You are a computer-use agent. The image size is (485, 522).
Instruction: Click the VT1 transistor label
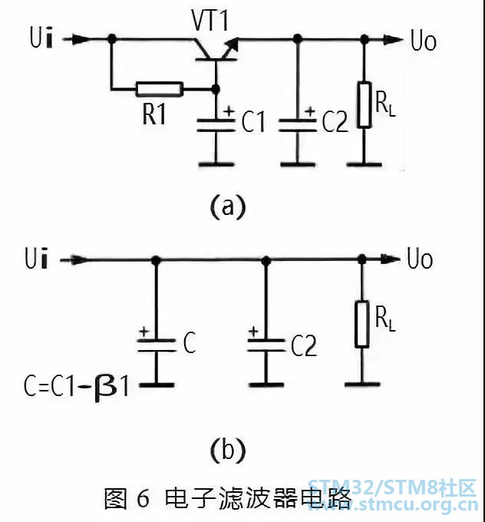(x=210, y=20)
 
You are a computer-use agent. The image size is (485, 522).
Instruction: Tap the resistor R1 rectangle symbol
(x=160, y=89)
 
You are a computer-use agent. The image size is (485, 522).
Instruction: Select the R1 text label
(x=153, y=114)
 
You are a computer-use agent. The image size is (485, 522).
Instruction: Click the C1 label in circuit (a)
(x=253, y=121)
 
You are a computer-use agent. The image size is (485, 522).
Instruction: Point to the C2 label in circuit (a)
(x=335, y=121)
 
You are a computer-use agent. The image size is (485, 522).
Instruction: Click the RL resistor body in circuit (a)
(x=365, y=104)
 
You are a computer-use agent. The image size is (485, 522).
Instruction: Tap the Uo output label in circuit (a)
(x=424, y=41)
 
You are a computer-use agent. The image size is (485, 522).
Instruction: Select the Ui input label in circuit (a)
(x=41, y=38)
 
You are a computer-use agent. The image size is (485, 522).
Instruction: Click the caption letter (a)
(x=228, y=207)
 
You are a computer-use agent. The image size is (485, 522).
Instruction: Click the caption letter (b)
(x=228, y=450)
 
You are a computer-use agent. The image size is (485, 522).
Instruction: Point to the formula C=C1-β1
(x=76, y=386)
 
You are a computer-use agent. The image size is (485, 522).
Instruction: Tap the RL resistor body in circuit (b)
(x=362, y=324)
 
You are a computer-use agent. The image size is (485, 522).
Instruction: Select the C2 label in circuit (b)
(x=304, y=346)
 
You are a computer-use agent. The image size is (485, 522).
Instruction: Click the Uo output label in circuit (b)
(x=420, y=259)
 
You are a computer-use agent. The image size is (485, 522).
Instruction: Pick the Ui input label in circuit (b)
(x=37, y=259)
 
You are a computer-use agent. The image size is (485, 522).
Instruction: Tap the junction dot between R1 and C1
(x=216, y=89)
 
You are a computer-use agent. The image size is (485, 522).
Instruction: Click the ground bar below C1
(x=216, y=164)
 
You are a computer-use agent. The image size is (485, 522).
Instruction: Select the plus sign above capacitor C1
(x=229, y=111)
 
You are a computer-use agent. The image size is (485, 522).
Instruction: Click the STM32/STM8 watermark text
(x=392, y=488)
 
